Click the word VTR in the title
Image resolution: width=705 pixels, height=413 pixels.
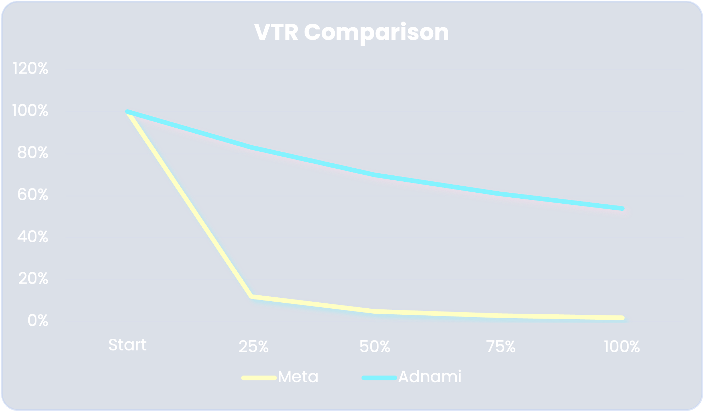click(276, 33)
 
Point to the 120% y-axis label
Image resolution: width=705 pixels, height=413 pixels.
click(30, 68)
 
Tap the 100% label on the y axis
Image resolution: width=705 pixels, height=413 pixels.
click(30, 111)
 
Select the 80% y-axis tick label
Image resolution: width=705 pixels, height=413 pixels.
click(33, 153)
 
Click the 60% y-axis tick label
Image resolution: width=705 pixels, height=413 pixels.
click(33, 195)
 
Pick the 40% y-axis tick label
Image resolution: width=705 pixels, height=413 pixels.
click(33, 237)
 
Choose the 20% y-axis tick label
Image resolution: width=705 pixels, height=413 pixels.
click(33, 279)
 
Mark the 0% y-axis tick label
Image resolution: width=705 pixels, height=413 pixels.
click(38, 321)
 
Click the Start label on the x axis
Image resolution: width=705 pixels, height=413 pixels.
click(127, 345)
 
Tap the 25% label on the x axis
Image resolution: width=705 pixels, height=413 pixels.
click(253, 347)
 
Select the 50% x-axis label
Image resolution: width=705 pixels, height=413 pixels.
click(375, 347)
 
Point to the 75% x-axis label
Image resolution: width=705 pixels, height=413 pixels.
click(501, 347)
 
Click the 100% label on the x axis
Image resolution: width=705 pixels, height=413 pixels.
click(622, 347)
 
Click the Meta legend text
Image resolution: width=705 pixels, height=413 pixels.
click(298, 377)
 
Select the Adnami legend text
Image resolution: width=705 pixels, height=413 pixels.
click(429, 377)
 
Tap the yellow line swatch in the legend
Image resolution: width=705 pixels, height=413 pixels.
click(259, 378)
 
